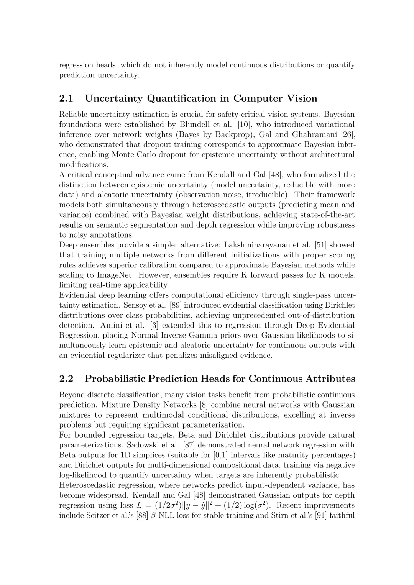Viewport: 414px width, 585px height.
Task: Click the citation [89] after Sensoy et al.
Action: click(172, 305)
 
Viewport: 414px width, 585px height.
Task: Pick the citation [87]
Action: click(188, 445)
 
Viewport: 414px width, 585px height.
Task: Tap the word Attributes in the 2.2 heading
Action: click(330, 379)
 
